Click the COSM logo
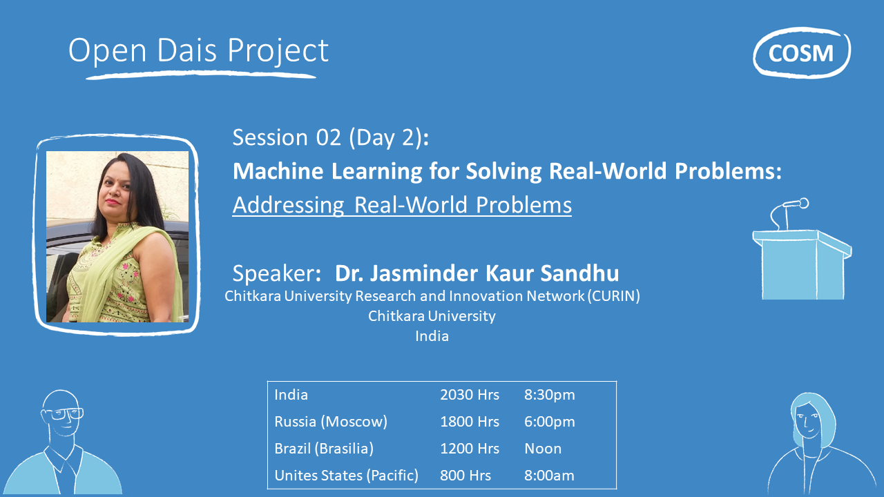tap(801, 52)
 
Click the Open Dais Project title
tap(198, 51)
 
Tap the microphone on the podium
tap(794, 204)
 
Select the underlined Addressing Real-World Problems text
tap(401, 205)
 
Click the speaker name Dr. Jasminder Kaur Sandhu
tap(477, 273)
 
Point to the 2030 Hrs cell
tap(470, 395)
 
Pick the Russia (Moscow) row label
tap(330, 422)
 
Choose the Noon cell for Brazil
tap(543, 449)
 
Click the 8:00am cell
tap(549, 476)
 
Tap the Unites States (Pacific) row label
tap(346, 476)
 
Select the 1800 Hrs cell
tap(470, 422)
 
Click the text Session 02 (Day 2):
tap(331, 137)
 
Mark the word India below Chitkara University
tap(432, 336)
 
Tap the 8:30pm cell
tap(549, 395)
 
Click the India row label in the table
tap(291, 395)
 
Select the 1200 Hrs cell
tap(470, 449)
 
